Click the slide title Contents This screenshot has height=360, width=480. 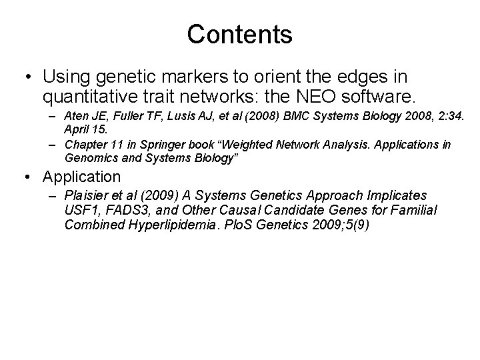(x=239, y=35)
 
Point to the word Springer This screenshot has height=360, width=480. (x=165, y=145)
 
